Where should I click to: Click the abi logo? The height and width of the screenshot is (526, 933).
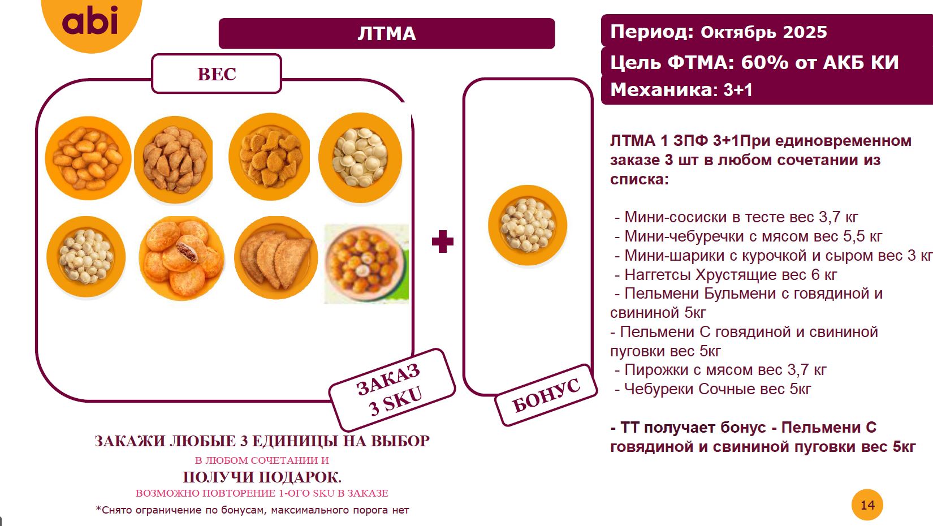[x=90, y=21]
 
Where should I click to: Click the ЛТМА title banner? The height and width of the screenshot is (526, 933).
[x=387, y=33]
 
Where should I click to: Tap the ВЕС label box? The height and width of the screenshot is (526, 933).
[x=217, y=74]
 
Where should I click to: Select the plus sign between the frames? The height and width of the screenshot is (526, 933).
[x=442, y=242]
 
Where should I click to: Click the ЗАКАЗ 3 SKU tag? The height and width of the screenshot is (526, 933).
[x=392, y=389]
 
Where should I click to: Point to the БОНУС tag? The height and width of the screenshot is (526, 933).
[x=546, y=395]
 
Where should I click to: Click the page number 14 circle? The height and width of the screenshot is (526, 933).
[x=867, y=505]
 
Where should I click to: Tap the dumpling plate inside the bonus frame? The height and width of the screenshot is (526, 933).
[x=528, y=225]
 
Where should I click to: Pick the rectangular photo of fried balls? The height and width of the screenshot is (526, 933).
[x=366, y=264]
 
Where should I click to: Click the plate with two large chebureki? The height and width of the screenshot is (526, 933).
[x=276, y=258]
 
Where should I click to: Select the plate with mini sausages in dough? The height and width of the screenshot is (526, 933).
[x=88, y=158]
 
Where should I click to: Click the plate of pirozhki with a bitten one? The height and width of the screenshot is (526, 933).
[x=182, y=258]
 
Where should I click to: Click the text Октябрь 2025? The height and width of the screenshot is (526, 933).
[x=763, y=32]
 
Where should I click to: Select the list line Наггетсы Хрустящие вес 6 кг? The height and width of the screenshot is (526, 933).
[x=730, y=275]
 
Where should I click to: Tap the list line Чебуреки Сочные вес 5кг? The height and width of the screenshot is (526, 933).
[x=717, y=389]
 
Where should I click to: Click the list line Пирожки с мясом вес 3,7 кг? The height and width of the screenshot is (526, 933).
[x=725, y=370]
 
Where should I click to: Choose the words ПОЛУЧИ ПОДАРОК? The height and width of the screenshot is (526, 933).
[x=262, y=477]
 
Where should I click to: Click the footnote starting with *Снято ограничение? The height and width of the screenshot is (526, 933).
[x=252, y=510]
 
